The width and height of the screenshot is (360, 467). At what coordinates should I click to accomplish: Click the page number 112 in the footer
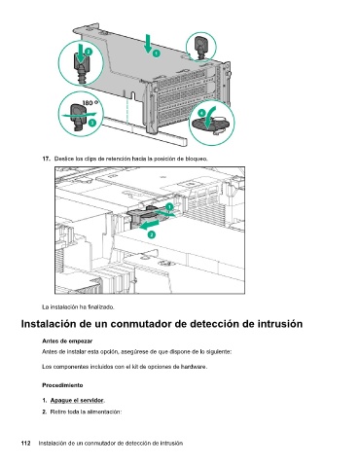tap(25, 443)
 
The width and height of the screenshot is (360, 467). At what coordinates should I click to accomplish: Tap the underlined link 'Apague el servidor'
tap(77, 400)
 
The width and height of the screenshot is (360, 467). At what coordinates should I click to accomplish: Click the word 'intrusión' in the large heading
tap(280, 324)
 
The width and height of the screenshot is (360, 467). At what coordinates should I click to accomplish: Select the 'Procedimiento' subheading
tap(62, 385)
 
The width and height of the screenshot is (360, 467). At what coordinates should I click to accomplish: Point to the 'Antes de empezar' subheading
tap(67, 341)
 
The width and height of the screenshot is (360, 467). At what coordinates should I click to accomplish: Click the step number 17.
tap(46, 159)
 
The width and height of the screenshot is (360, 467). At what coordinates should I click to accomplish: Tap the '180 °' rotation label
tap(90, 103)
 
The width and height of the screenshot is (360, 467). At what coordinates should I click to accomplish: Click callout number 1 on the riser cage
tap(157, 53)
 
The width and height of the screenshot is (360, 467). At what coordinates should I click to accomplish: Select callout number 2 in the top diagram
tap(89, 52)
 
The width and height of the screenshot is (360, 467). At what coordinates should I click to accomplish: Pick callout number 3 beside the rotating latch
tap(92, 123)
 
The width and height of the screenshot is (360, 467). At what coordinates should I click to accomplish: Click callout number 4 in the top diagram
tap(201, 113)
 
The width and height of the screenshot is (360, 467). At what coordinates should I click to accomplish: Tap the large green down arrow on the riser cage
tap(148, 43)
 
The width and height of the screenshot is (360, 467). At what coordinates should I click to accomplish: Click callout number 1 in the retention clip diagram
tap(169, 207)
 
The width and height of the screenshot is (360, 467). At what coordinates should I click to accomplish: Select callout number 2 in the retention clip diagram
tap(152, 234)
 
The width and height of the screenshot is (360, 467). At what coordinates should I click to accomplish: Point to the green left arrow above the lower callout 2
tap(149, 225)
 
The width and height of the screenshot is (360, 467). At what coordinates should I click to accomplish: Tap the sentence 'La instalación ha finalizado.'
tap(78, 306)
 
